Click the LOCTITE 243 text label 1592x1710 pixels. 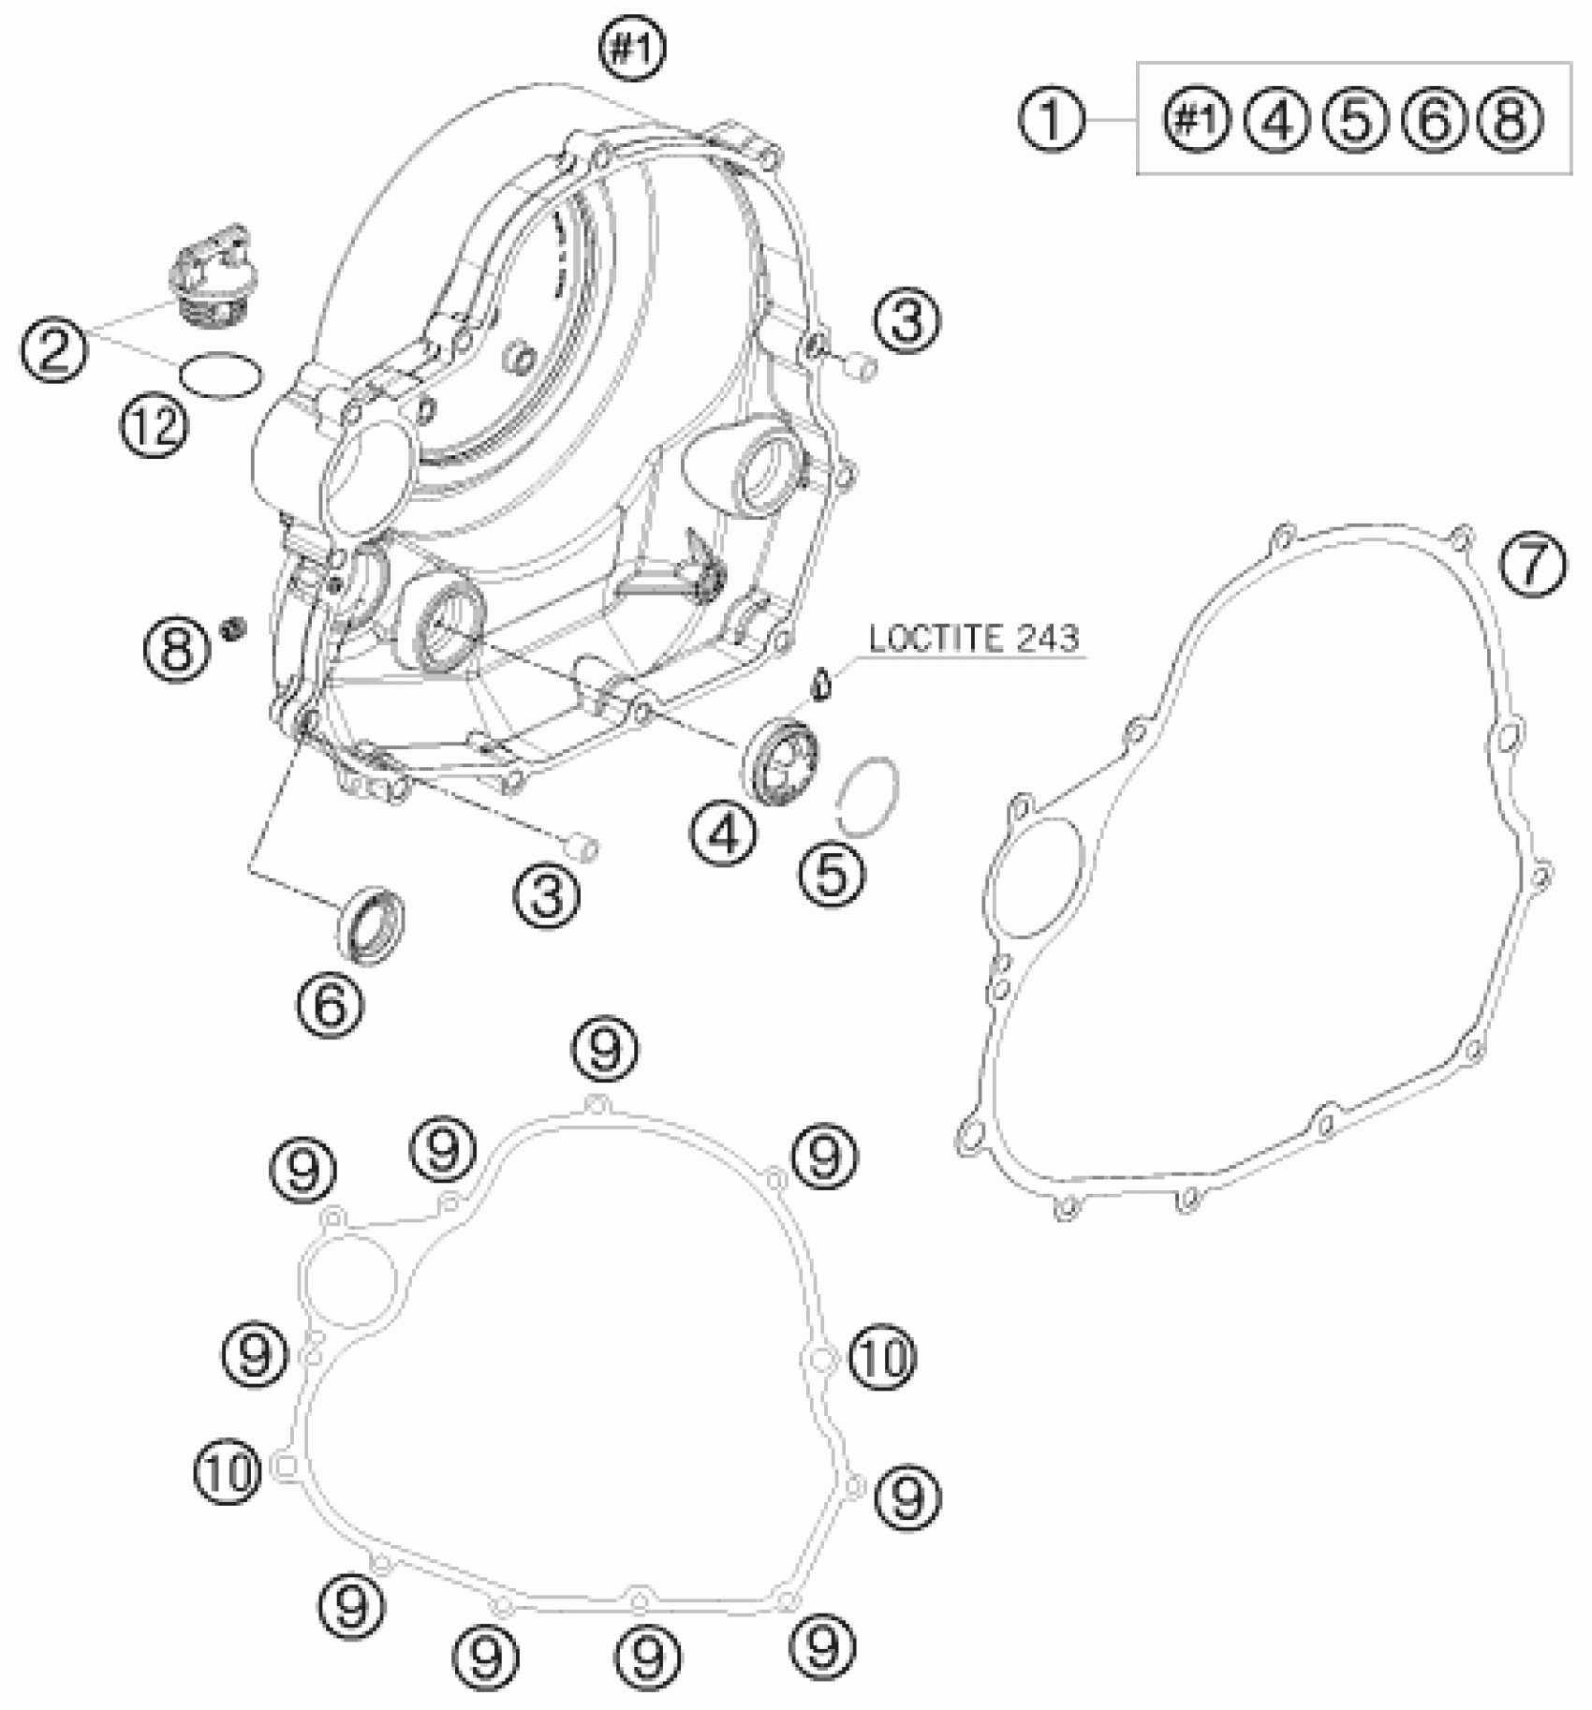pyautogui.click(x=974, y=639)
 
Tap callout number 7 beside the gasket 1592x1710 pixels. pyautogui.click(x=1531, y=565)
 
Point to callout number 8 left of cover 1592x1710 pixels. pyautogui.click(x=178, y=647)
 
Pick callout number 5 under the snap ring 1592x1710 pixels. pyautogui.click(x=832, y=873)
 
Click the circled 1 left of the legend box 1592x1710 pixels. pyautogui.click(x=1052, y=121)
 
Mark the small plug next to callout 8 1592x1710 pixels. pyautogui.click(x=231, y=628)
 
